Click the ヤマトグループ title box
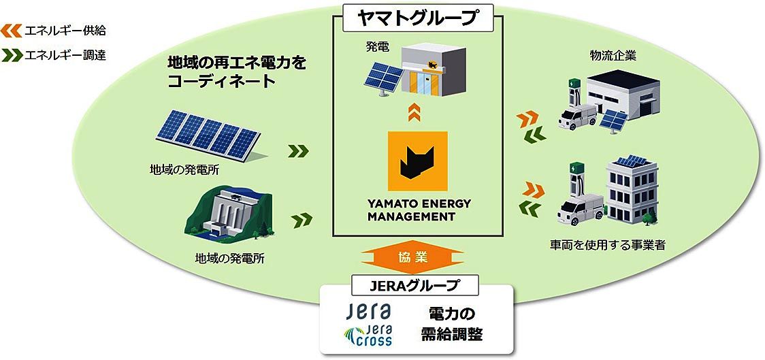(418, 18)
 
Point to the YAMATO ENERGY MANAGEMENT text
(419, 211)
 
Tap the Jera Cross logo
(368, 334)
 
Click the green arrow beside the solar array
(298, 150)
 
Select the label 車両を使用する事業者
(607, 244)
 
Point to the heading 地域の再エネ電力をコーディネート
(237, 72)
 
